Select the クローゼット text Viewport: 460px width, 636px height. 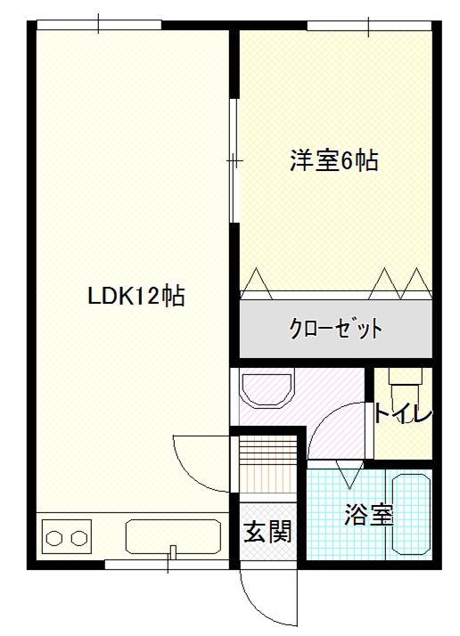click(335, 328)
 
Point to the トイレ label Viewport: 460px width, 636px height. click(403, 415)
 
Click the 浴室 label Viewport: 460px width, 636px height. click(369, 514)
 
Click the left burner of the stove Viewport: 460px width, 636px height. click(55, 539)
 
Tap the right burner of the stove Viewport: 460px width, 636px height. click(79, 539)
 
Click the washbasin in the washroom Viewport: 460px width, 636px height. click(268, 390)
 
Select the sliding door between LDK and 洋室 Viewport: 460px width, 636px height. click(234, 160)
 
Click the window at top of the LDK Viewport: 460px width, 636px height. click(98, 24)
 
